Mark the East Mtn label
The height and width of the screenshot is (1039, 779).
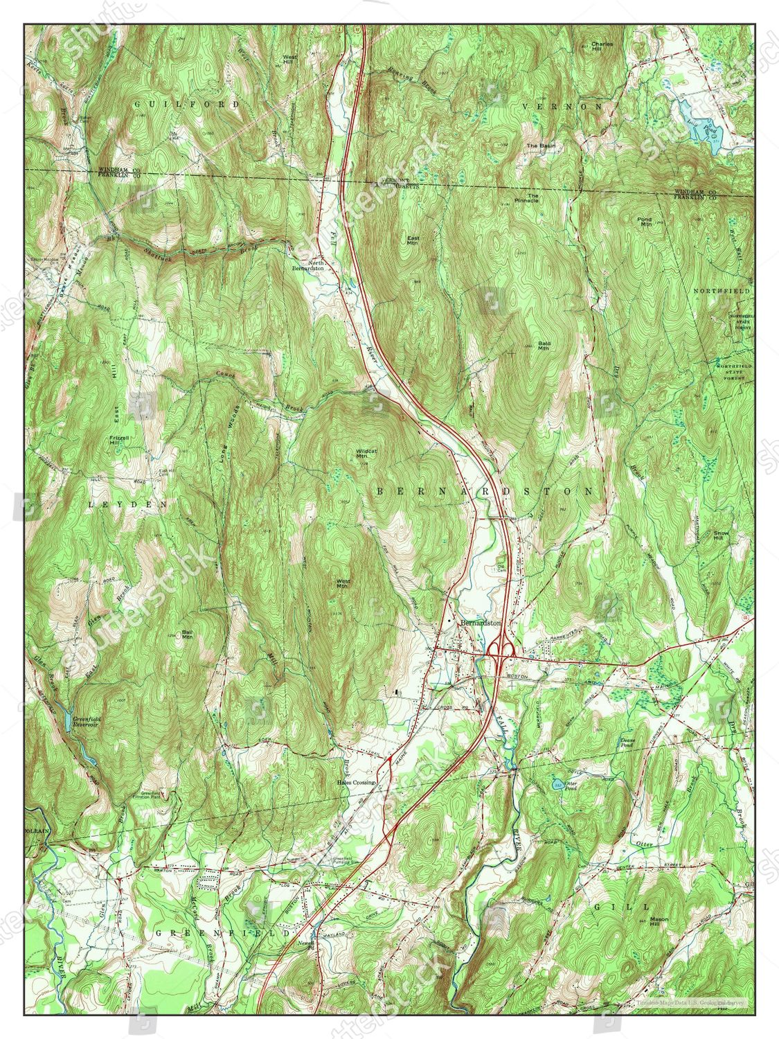(x=413, y=240)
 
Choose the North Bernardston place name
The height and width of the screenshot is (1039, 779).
(x=307, y=265)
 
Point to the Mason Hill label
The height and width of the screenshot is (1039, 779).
(x=659, y=922)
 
